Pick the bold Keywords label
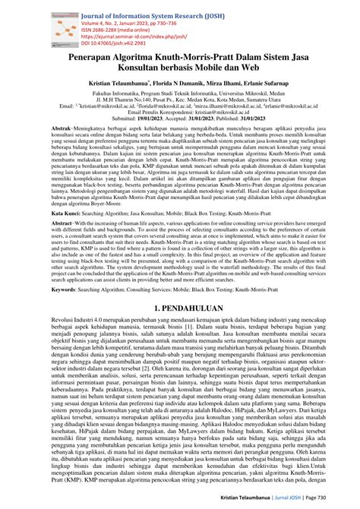47,310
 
